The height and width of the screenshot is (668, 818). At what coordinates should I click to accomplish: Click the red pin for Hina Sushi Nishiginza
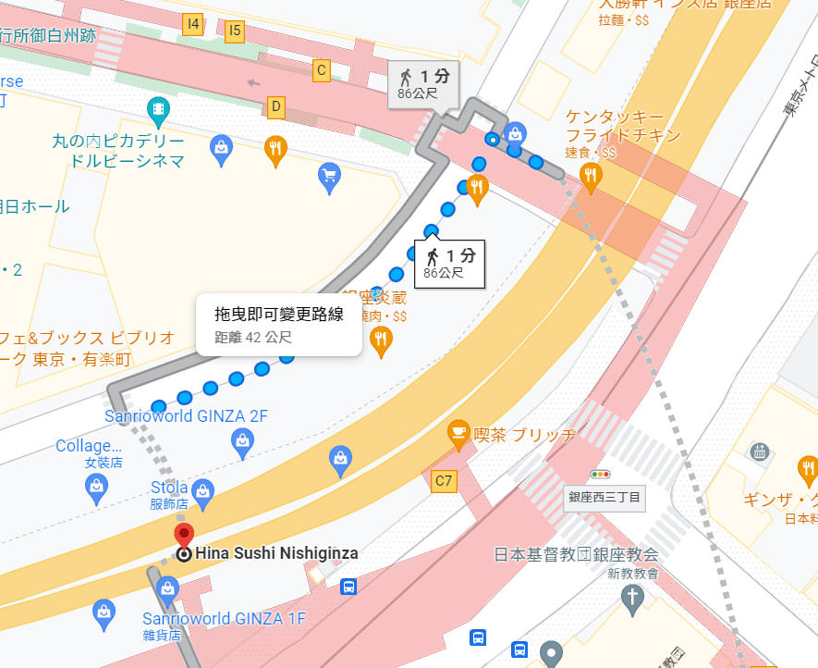pyautogui.click(x=184, y=535)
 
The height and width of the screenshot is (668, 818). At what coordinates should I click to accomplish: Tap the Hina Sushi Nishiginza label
pyautogui.click(x=276, y=553)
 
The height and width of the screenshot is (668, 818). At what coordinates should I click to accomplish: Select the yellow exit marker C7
pyautogui.click(x=444, y=480)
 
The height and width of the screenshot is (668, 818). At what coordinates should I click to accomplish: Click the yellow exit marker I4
pyautogui.click(x=193, y=25)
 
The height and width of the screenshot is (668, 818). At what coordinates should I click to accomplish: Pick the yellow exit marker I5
pyautogui.click(x=235, y=31)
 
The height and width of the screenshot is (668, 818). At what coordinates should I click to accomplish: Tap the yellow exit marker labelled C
pyautogui.click(x=322, y=69)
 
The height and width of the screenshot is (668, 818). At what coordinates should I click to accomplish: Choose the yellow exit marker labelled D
pyautogui.click(x=275, y=106)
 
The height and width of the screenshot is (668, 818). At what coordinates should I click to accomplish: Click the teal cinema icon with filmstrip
pyautogui.click(x=159, y=111)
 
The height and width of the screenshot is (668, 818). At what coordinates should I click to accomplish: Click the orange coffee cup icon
pyautogui.click(x=458, y=431)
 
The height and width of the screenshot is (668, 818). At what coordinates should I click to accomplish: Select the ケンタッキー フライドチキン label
pyautogui.click(x=624, y=126)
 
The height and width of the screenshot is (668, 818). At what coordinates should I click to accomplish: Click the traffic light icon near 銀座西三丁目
pyautogui.click(x=603, y=474)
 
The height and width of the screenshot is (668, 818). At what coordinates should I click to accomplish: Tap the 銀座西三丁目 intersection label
pyautogui.click(x=604, y=497)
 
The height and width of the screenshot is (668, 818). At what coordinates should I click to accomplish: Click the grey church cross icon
pyautogui.click(x=632, y=599)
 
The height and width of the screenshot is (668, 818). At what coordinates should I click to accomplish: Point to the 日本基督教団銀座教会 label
pyautogui.click(x=576, y=554)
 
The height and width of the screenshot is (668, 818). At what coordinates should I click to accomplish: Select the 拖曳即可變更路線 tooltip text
pyautogui.click(x=278, y=315)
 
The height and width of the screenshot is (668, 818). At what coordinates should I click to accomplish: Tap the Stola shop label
pyautogui.click(x=169, y=488)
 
